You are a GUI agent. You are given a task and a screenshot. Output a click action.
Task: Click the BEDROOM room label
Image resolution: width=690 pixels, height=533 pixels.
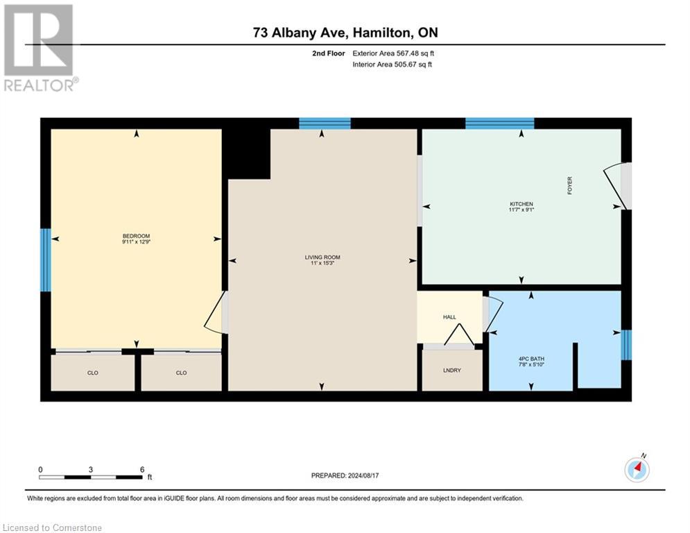click(136, 236)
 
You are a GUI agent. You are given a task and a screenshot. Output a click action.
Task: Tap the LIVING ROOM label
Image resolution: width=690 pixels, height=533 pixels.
click(322, 257)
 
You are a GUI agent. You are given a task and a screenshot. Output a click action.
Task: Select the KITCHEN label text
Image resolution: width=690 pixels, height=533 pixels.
click(521, 204)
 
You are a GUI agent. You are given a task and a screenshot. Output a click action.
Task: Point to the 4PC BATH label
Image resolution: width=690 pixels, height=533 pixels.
click(531, 359)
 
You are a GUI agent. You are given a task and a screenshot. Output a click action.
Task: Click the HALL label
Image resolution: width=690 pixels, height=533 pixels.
click(449, 317)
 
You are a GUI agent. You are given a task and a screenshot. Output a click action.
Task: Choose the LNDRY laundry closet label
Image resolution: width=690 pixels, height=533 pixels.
click(451, 370)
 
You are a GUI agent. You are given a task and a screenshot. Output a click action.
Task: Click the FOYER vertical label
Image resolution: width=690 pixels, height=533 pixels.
click(570, 185)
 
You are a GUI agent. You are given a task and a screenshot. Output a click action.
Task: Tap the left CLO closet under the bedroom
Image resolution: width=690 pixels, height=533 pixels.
click(92, 373)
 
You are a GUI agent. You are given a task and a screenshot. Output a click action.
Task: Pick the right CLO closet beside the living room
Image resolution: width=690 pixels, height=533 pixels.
click(181, 373)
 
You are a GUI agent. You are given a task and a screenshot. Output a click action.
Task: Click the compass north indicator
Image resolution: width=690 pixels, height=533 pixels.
click(637, 469)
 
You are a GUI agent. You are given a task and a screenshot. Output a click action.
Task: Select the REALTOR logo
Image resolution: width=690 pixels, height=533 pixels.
click(40, 48)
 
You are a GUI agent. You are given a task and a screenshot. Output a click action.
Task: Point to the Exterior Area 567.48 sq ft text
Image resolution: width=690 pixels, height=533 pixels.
click(393, 53)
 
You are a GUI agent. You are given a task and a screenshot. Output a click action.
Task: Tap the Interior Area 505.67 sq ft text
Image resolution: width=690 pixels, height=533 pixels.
click(393, 65)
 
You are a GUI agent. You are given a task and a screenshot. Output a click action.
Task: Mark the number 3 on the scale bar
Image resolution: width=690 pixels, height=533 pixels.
click(91, 469)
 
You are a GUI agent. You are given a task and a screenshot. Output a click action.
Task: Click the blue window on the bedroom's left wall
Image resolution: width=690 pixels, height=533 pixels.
click(46, 260)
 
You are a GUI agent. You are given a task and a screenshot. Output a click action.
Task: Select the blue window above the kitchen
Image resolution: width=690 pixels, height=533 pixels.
click(499, 124)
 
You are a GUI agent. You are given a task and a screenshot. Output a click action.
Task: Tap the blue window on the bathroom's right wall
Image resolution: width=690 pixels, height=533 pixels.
click(626, 345)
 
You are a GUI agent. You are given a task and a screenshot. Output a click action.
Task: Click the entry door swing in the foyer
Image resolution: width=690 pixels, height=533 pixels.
click(616, 186)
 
